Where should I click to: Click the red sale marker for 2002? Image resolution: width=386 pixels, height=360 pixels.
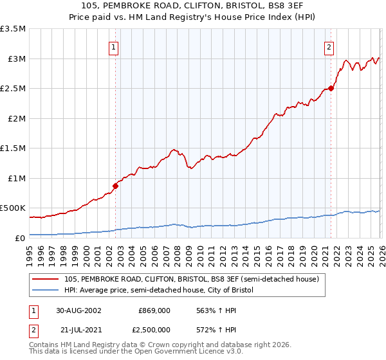coord(116,186)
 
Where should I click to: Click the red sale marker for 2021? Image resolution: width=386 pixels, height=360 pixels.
coord(331,88)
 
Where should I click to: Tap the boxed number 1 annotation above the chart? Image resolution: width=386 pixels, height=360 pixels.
coord(114,46)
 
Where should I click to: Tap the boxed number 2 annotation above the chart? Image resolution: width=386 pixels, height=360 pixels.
coord(329,46)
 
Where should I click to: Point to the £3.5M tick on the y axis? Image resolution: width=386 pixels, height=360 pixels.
coord(13,29)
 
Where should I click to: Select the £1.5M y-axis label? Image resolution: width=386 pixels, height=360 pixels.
coord(13,148)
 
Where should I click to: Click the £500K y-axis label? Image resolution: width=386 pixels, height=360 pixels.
coord(13,208)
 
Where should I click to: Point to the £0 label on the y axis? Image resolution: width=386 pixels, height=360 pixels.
coord(21,238)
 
